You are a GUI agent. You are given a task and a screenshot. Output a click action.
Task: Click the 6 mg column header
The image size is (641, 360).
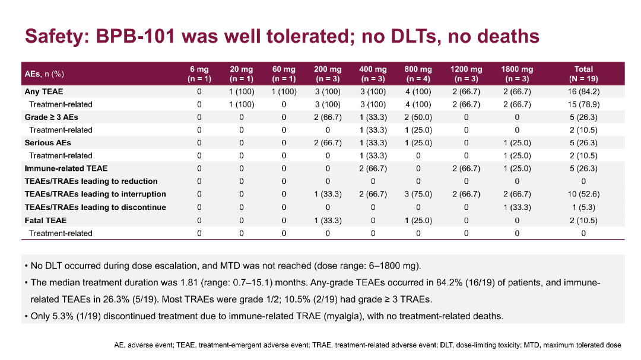[199, 74]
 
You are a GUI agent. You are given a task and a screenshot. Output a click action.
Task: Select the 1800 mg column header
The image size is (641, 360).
[517, 74]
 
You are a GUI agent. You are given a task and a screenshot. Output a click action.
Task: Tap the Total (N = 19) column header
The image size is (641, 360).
[583, 74]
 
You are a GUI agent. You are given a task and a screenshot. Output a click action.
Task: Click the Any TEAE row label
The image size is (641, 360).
[44, 92]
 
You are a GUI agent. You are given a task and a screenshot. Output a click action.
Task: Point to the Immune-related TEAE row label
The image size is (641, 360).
[66, 168]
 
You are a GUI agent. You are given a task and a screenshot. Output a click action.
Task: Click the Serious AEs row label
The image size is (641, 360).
[47, 143]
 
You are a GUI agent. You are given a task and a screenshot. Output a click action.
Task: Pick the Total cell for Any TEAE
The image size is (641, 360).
[583, 92]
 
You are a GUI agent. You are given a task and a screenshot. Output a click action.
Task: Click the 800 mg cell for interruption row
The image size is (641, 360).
[418, 195]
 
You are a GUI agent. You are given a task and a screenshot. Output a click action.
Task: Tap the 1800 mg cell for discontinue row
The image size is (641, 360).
[517, 208]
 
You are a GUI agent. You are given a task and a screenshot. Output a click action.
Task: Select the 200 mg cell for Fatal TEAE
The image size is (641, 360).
[328, 220]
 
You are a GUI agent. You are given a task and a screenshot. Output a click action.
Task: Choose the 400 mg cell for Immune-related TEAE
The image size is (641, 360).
[373, 168]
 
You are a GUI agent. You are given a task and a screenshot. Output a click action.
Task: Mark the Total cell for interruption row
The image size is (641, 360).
[583, 195]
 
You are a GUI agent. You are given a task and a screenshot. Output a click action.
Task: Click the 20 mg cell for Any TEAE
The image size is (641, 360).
[242, 92]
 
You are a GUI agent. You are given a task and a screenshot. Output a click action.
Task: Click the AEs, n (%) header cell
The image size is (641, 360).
[45, 74]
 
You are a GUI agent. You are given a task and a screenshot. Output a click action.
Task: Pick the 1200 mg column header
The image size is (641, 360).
[466, 74]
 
